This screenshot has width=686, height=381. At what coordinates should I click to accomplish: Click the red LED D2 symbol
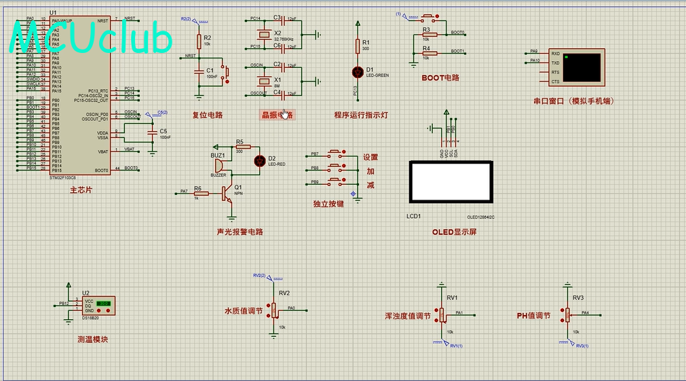coord(259,160)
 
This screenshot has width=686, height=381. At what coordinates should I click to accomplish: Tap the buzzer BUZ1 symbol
coord(220,165)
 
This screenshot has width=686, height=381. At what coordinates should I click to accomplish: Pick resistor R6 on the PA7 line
coord(197,192)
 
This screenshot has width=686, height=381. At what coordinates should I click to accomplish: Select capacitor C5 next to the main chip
coord(153,133)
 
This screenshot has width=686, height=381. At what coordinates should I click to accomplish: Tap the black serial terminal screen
coord(582,67)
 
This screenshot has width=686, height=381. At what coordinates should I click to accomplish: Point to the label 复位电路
coord(207,115)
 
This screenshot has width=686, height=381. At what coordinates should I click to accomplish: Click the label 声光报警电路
coord(240,232)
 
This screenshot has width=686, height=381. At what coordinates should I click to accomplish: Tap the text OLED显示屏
coord(454,232)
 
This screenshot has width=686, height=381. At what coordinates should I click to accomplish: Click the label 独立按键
coord(328,204)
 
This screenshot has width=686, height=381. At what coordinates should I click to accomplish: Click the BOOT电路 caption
coord(440,78)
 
